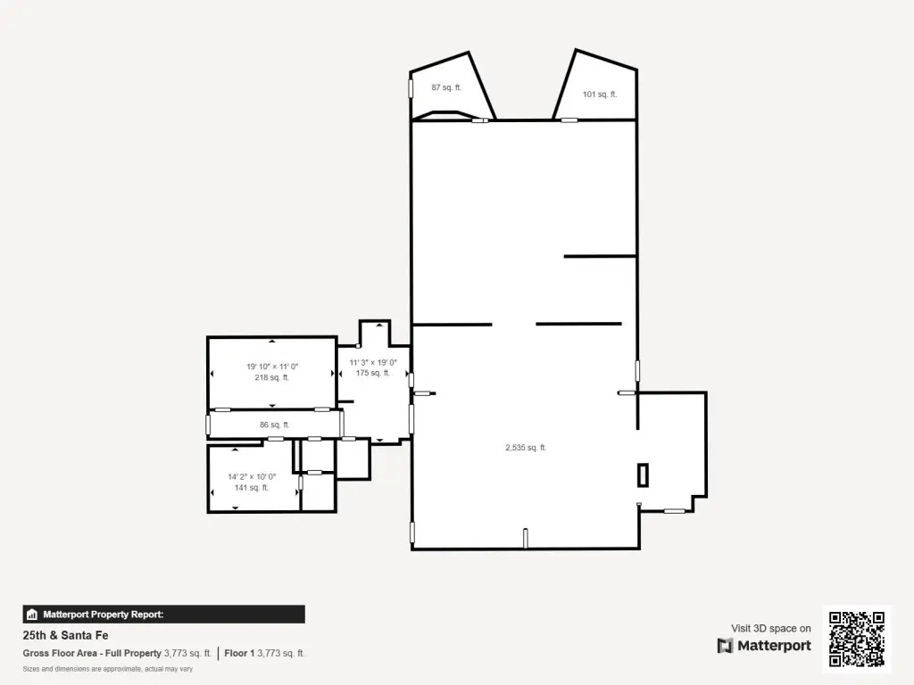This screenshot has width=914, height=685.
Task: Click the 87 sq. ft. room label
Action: (x=446, y=87)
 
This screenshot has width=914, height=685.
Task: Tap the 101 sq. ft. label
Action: (x=600, y=95)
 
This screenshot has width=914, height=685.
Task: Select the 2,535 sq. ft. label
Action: (x=526, y=448)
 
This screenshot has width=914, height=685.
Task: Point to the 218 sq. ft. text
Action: (x=271, y=377)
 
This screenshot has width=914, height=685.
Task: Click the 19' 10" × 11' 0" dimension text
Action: (x=272, y=367)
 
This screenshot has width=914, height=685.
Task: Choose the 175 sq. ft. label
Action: (x=373, y=373)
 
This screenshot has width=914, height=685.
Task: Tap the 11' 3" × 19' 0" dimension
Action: (x=373, y=362)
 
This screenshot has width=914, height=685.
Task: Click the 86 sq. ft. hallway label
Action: (x=275, y=425)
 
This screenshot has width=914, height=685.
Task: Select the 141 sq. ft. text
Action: (x=252, y=488)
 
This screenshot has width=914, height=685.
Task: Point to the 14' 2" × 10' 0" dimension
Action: (x=252, y=476)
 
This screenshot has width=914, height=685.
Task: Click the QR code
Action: (x=857, y=639)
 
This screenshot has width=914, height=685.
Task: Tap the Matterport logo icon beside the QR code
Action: (x=725, y=646)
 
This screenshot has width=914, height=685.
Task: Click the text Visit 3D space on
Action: (x=771, y=629)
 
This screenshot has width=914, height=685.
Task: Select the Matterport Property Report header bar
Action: (x=164, y=615)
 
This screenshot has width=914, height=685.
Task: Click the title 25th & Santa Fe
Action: (x=65, y=635)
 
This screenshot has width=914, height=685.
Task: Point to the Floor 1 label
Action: (x=239, y=654)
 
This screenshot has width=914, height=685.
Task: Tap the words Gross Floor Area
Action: (x=60, y=654)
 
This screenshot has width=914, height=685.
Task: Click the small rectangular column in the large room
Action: (x=643, y=475)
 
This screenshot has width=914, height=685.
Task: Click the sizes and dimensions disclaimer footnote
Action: (x=108, y=669)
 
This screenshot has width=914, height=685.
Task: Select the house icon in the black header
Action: (x=32, y=615)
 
